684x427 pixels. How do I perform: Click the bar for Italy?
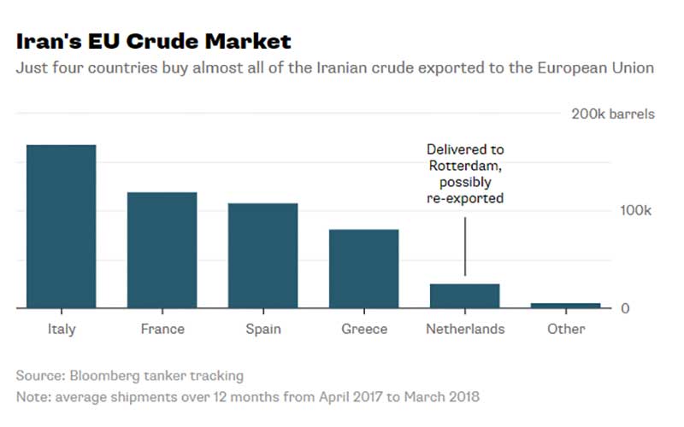point(61,226)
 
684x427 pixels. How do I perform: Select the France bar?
point(162,249)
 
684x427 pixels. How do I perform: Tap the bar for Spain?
point(262,255)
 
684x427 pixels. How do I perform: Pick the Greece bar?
point(363,268)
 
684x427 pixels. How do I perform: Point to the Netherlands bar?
point(464,295)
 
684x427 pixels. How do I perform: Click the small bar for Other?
point(566,305)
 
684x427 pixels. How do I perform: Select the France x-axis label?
point(162,329)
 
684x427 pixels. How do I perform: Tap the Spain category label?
point(262,329)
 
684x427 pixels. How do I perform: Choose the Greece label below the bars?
point(364,329)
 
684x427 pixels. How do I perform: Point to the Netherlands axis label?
point(465,329)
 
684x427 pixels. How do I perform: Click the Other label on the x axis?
point(566,329)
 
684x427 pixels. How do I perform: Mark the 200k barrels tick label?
point(612,114)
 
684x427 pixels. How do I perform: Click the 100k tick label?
point(635,211)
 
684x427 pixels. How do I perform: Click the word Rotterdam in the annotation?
point(465,166)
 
